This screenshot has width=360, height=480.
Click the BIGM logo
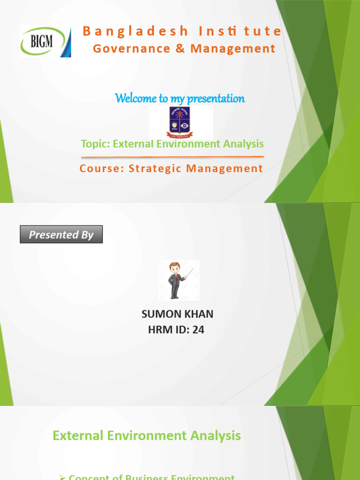coord(45,41)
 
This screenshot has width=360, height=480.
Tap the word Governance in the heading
coord(125,48)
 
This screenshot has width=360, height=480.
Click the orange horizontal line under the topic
coord(172,157)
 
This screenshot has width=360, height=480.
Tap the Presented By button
coord(61,234)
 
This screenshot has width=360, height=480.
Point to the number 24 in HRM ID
coord(198,330)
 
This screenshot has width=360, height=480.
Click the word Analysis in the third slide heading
coord(215,435)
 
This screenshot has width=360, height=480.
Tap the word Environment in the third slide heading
coord(147,435)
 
